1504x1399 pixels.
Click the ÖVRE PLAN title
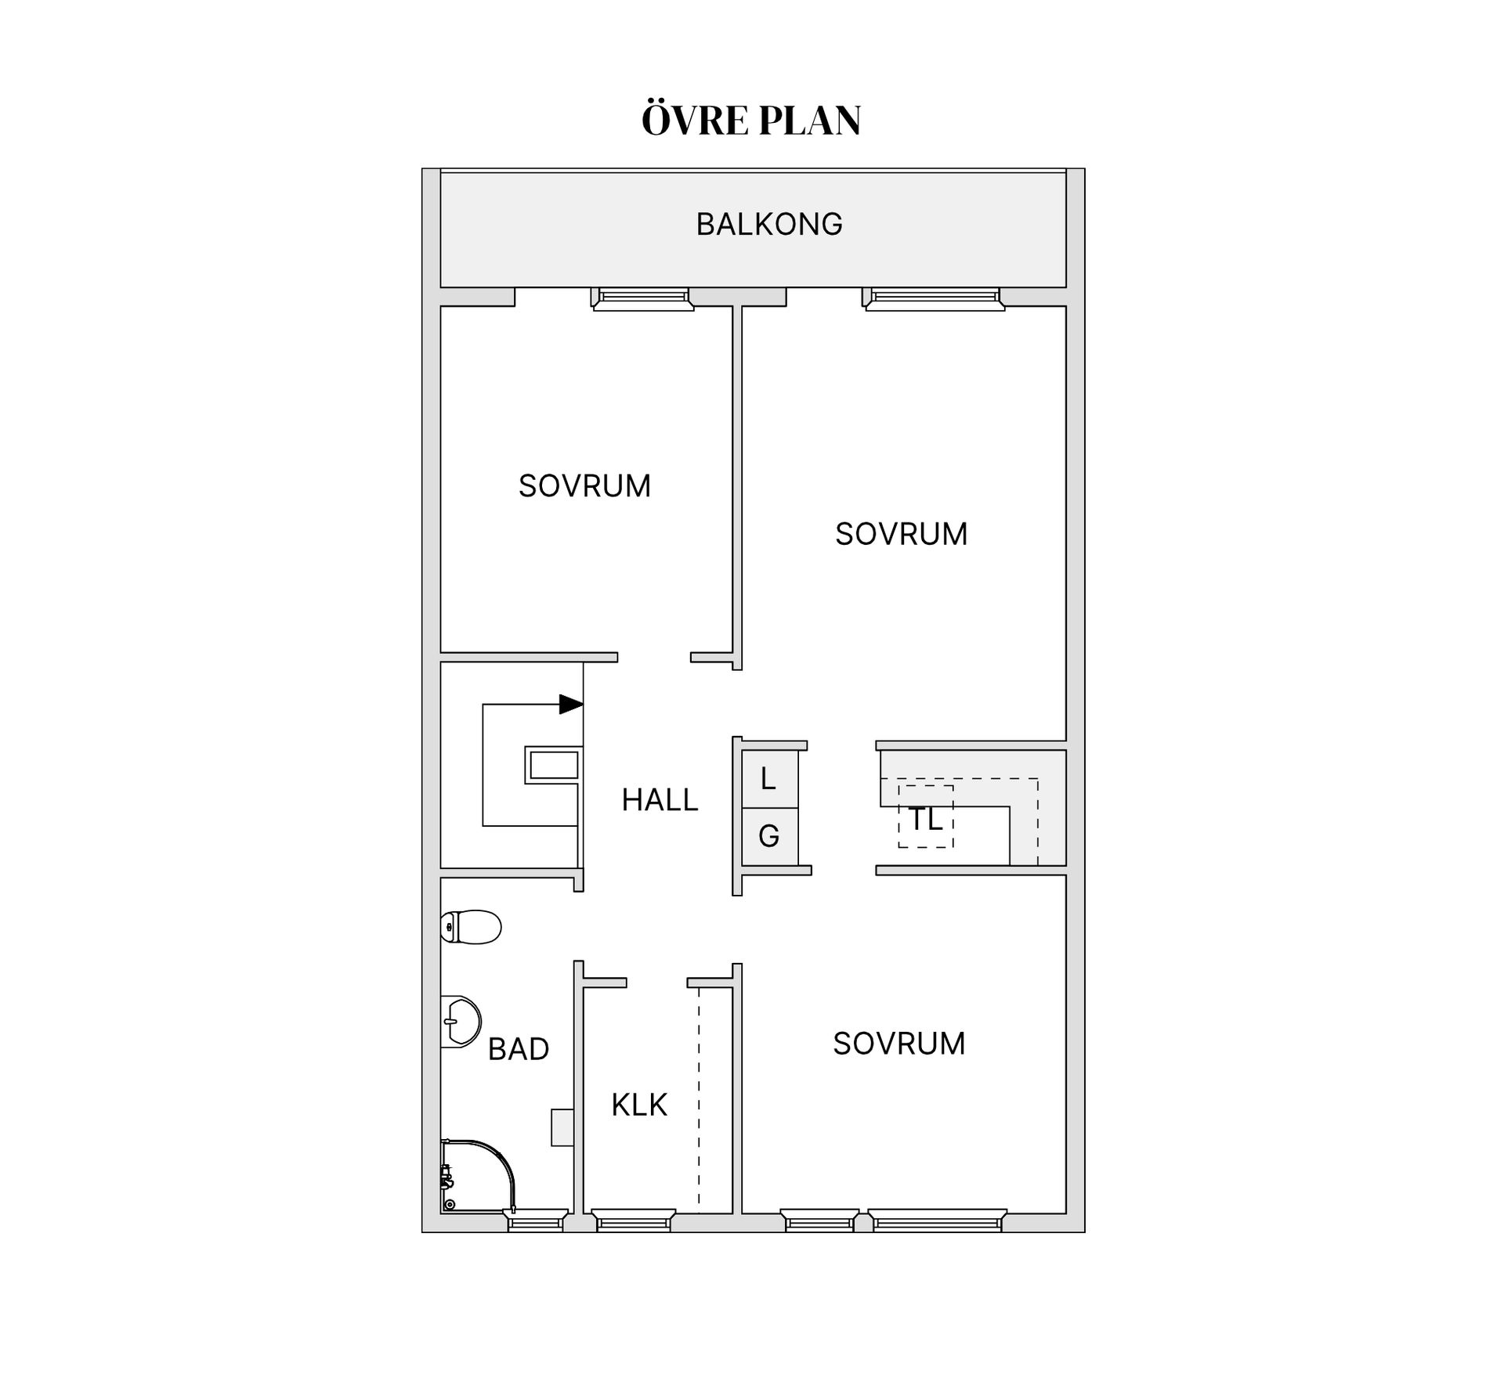pyautogui.click(x=751, y=120)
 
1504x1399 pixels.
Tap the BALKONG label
pyautogui.click(x=769, y=224)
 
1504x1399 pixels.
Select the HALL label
pyautogui.click(x=660, y=800)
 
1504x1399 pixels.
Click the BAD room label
pyautogui.click(x=518, y=1049)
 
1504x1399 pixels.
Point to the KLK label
pyautogui.click(x=639, y=1105)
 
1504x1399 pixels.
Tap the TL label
pyautogui.click(x=925, y=819)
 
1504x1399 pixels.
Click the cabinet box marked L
pyautogui.click(x=769, y=780)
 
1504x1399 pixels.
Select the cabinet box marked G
pyautogui.click(x=769, y=837)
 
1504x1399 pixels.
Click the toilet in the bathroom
pyautogui.click(x=470, y=928)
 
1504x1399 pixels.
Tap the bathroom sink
pyautogui.click(x=461, y=1022)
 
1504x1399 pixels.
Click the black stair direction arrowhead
pyautogui.click(x=571, y=705)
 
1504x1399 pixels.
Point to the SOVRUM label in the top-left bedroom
pyautogui.click(x=584, y=486)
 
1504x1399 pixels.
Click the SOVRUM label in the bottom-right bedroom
pyautogui.click(x=899, y=1044)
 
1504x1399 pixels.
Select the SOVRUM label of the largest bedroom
pyautogui.click(x=902, y=534)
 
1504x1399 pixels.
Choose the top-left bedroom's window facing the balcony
pyautogui.click(x=642, y=299)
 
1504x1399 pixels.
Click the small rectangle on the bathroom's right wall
pyautogui.click(x=562, y=1127)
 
